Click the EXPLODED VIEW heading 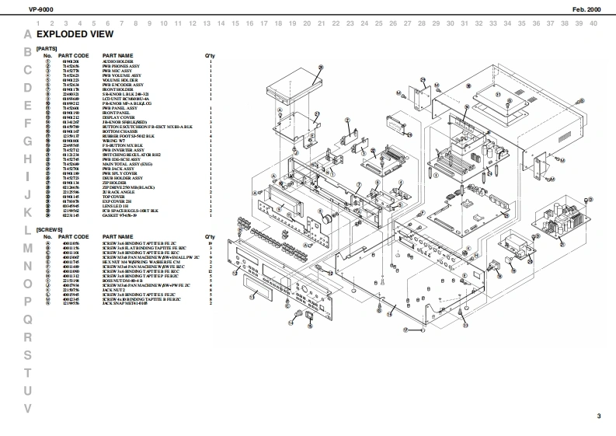click(75, 35)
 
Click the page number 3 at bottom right click(598, 417)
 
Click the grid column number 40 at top click(593, 23)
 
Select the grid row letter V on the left click(28, 408)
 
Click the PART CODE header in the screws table click(74, 236)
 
